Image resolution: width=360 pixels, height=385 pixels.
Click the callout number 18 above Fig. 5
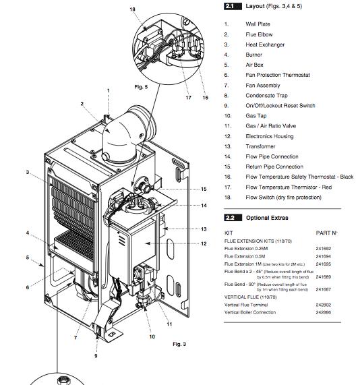[132, 9]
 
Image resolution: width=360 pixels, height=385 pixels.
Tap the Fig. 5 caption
[141, 87]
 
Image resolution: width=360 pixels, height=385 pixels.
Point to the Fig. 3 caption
[179, 344]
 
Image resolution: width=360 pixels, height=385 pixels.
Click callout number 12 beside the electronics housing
[204, 243]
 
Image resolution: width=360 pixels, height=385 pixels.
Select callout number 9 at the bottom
[96, 356]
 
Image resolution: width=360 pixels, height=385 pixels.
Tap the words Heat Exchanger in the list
[265, 45]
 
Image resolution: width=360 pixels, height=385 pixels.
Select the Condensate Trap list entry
[266, 96]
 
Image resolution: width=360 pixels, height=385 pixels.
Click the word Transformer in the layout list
[260, 146]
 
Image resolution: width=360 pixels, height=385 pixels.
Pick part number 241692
[324, 249]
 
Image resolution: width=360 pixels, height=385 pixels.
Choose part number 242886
[324, 312]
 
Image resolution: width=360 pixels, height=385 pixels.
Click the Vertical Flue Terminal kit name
[246, 305]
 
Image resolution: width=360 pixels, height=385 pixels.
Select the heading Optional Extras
[267, 218]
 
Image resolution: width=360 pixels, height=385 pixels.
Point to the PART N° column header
[326, 233]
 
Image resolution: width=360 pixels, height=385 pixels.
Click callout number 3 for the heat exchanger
[28, 173]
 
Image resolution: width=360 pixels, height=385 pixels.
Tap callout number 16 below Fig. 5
[206, 98]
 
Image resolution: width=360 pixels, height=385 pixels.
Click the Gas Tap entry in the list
[256, 116]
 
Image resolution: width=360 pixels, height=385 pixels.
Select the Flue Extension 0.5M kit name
[245, 256]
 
